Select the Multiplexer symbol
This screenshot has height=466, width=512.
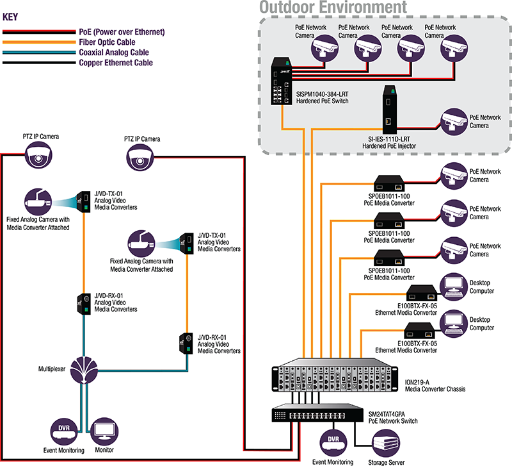click(x=86, y=370)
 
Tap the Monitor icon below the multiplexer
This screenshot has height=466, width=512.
click(x=104, y=430)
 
